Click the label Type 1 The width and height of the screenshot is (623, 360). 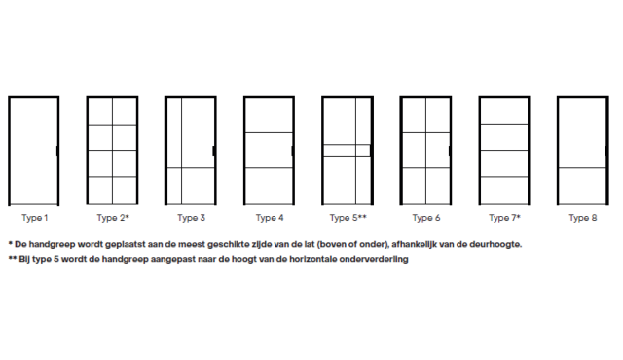click(x=35, y=218)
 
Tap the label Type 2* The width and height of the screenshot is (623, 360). click(x=113, y=218)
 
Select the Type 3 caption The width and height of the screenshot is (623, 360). click(x=191, y=218)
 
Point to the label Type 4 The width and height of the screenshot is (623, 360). click(x=270, y=218)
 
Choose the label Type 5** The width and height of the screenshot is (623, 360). click(x=348, y=218)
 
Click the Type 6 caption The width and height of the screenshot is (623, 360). click(x=426, y=218)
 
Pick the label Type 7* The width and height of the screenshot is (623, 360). click(x=504, y=218)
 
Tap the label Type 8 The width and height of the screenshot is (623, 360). click(x=583, y=218)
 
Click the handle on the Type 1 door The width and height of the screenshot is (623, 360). click(x=57, y=151)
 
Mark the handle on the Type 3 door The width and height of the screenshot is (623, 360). click(x=214, y=151)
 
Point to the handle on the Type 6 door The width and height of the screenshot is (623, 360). click(x=450, y=151)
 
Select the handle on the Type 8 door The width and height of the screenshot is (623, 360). click(x=605, y=151)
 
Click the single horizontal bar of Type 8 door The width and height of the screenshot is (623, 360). click(x=582, y=168)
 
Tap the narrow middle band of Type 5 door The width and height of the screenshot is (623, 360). click(x=347, y=151)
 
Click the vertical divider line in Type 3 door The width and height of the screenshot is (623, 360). click(x=182, y=151)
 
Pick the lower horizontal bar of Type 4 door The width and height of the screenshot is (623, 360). click(x=269, y=168)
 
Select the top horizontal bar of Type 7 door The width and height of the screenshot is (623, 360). click(x=504, y=125)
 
